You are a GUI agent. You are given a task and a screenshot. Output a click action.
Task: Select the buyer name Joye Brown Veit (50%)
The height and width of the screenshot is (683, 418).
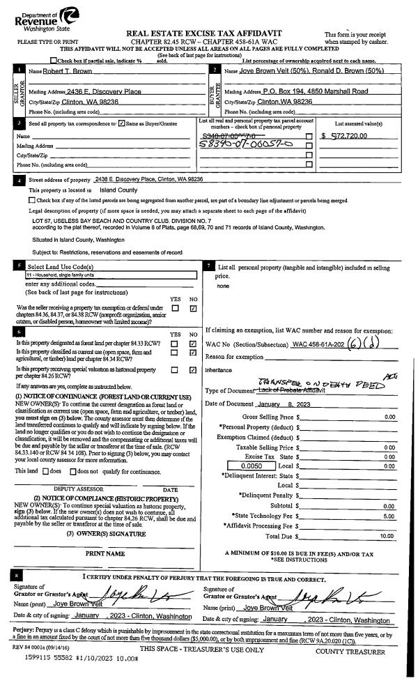pos(269,72)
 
